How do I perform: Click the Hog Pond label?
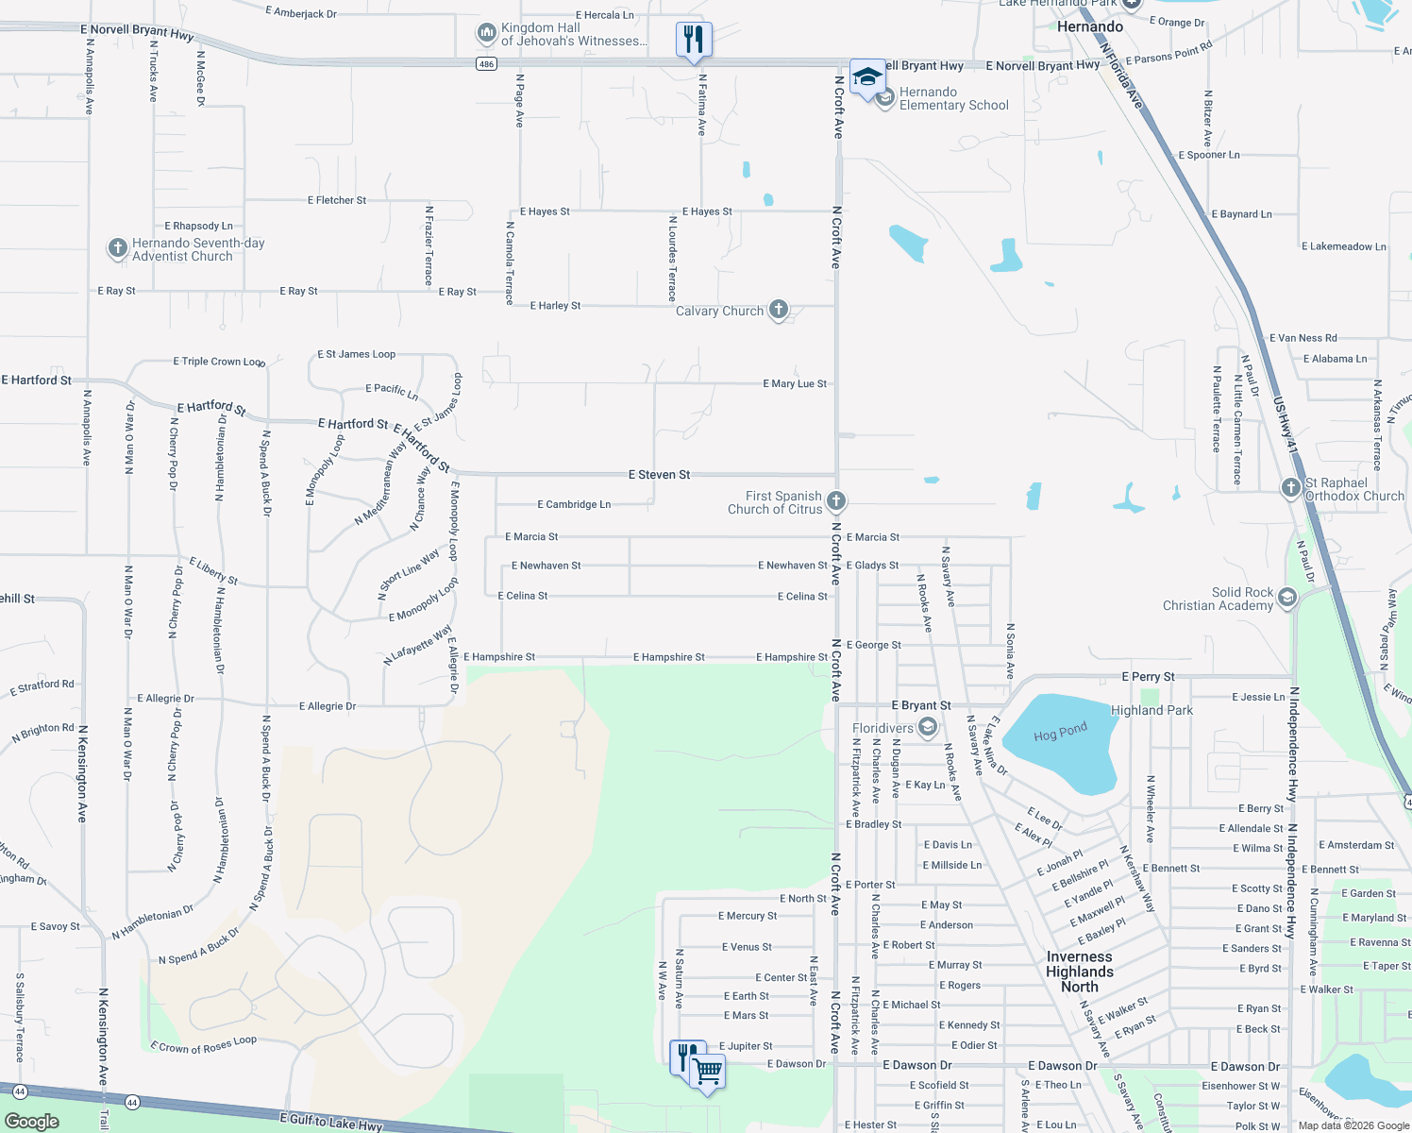[x=1060, y=733]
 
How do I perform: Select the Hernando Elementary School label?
[x=953, y=99]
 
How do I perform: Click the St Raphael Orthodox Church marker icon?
[x=1290, y=487]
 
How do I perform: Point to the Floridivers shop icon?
[x=928, y=727]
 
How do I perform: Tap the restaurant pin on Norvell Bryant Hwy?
[x=694, y=41]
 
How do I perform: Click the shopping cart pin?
[x=707, y=1073]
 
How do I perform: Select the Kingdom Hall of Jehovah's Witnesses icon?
[x=486, y=35]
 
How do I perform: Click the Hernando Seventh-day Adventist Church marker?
[x=117, y=248]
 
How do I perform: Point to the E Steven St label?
[x=660, y=475]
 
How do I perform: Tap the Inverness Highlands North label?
[x=1080, y=972]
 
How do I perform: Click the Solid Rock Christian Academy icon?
[x=1287, y=598]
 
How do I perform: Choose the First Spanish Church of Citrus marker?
[x=835, y=500]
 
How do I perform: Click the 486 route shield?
[x=486, y=64]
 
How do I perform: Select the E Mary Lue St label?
[x=795, y=384]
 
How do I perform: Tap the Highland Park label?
[x=1151, y=710]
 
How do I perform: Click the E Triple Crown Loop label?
[x=219, y=362]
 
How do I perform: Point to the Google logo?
[x=32, y=1122]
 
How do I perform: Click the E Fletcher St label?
[x=337, y=200]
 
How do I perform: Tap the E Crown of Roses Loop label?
[x=203, y=1044]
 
